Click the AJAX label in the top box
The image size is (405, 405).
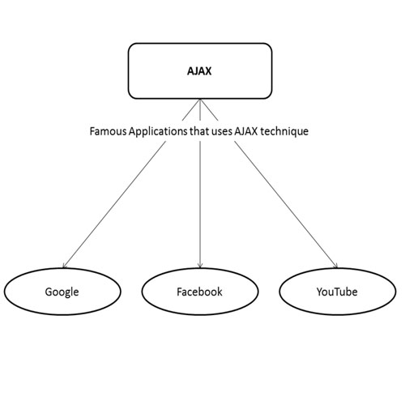coord(199,71)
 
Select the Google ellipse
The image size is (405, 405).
coord(62,268)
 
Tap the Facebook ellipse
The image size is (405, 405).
coord(200,268)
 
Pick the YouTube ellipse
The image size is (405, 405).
coord(338,268)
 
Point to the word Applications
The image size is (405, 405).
coord(158,132)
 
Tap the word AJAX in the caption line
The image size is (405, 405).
coord(246,131)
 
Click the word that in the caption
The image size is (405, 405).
coord(199,131)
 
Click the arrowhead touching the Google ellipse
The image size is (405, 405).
coord(64,266)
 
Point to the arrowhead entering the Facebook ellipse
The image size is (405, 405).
coord(200,266)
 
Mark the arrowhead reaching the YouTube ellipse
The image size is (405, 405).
coord(336,266)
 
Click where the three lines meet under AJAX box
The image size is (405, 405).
coord(200,99)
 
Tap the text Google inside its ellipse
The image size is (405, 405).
coord(62,292)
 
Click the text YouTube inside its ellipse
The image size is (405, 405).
coord(337,292)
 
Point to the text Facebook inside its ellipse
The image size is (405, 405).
coord(199,292)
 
